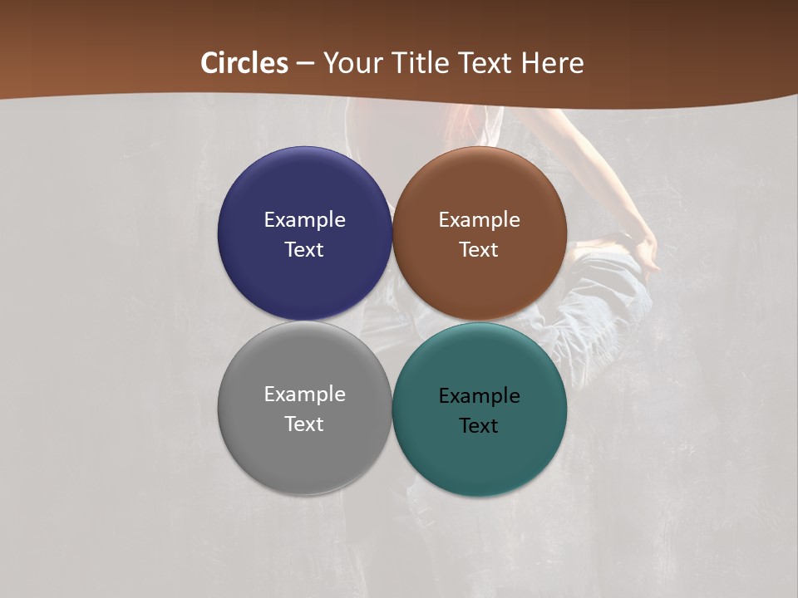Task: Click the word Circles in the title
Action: (x=244, y=63)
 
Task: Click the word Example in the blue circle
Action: (x=304, y=220)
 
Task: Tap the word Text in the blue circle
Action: (x=304, y=250)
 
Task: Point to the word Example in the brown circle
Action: (x=480, y=220)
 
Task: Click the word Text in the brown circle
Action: (x=480, y=250)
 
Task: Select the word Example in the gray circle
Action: (x=304, y=395)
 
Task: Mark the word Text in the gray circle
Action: (x=304, y=424)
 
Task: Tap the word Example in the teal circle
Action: (x=480, y=396)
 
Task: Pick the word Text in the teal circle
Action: (x=480, y=426)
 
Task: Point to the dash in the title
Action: (x=305, y=64)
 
